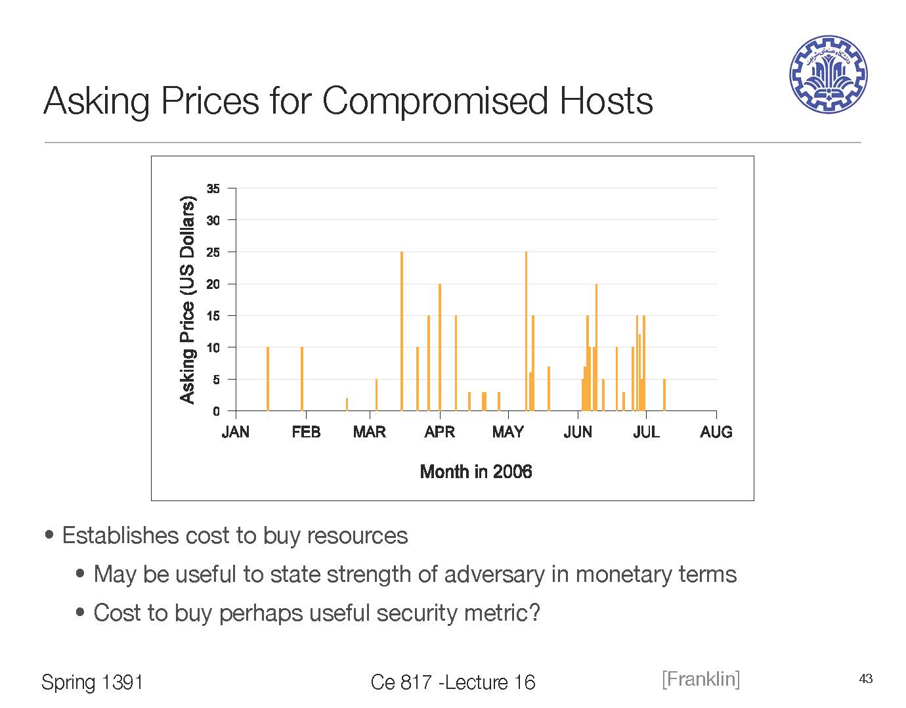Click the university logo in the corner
(x=828, y=74)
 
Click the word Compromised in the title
(x=434, y=101)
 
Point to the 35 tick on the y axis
(x=213, y=189)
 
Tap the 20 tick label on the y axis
(x=213, y=284)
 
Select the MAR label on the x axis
(x=370, y=432)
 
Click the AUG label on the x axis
(x=716, y=432)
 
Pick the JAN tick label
(x=236, y=432)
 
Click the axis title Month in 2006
(x=475, y=472)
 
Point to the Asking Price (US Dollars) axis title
(x=188, y=299)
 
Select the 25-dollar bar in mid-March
(x=402, y=331)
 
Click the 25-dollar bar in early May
(x=526, y=331)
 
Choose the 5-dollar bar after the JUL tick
(x=664, y=395)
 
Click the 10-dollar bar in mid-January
(x=268, y=379)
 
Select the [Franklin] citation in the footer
(x=701, y=679)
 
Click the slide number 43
(x=865, y=679)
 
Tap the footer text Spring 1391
(x=92, y=682)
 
